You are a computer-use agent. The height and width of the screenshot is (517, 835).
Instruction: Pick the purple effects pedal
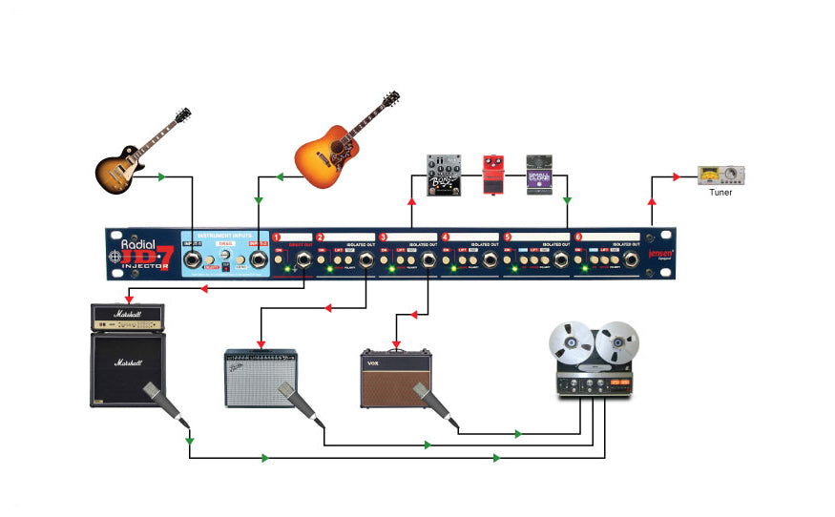539,176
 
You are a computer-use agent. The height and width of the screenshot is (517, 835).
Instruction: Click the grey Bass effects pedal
444,175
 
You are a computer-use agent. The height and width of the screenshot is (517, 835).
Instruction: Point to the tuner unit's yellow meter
712,175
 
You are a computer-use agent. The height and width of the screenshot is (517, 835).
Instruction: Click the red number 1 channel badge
278,236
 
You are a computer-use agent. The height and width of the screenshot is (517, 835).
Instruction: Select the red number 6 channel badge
577,236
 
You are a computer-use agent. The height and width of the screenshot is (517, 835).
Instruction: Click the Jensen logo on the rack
660,256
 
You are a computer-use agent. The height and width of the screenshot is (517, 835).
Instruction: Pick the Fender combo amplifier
260,376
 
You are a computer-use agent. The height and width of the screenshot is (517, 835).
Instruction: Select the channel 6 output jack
631,259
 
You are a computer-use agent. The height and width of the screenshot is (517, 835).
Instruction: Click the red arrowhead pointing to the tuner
677,176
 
